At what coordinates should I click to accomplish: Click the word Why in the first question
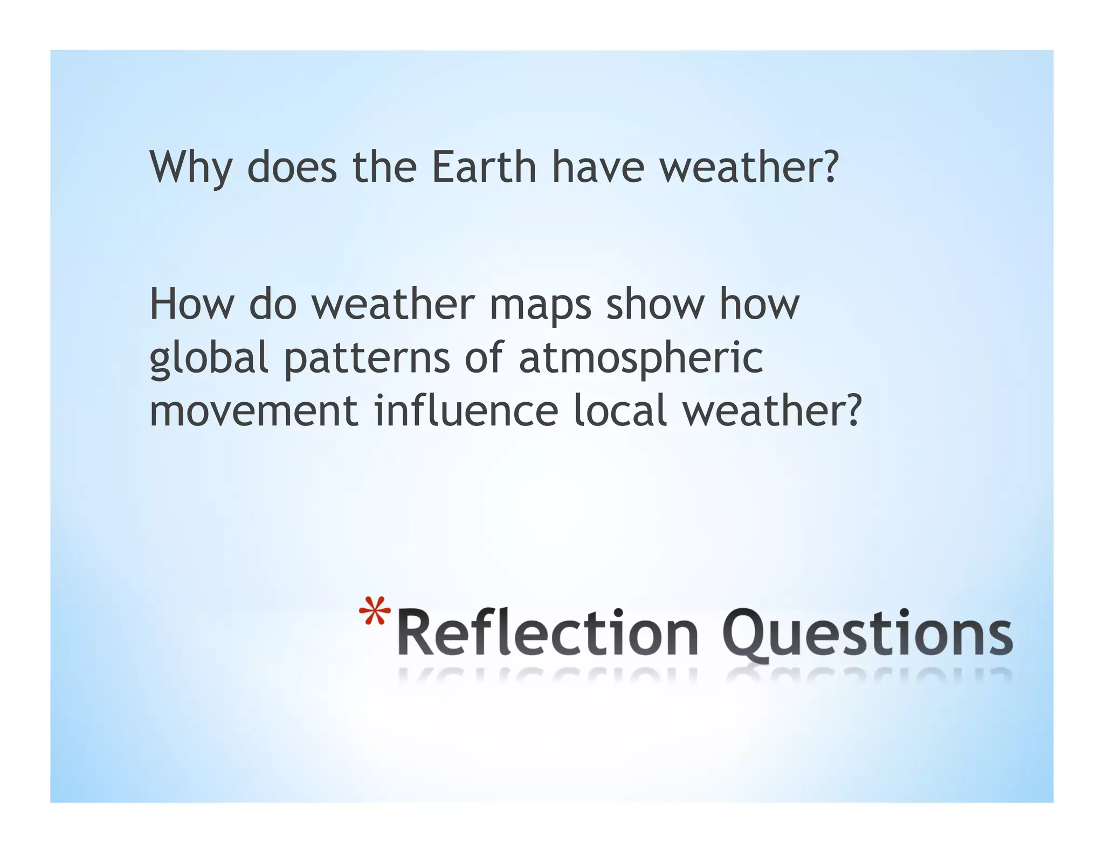(x=190, y=167)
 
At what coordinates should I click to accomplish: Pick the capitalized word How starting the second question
(x=191, y=304)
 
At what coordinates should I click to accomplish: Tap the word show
(x=655, y=304)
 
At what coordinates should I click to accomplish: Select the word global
(x=209, y=359)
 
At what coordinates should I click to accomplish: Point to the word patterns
(x=367, y=359)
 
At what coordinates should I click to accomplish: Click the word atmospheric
(x=640, y=359)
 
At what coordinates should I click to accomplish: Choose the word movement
(x=253, y=411)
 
